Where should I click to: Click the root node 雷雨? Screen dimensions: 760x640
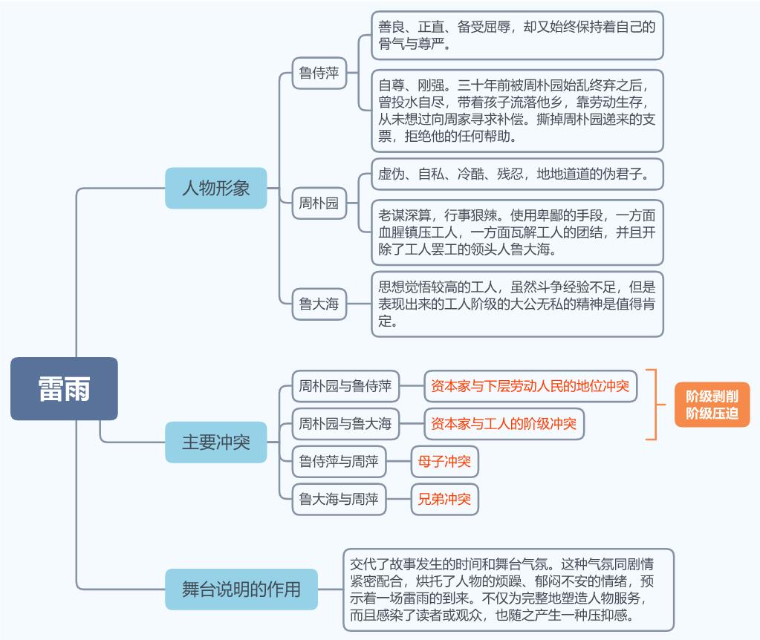pyautogui.click(x=64, y=388)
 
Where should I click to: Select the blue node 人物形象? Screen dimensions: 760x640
pyautogui.click(x=215, y=188)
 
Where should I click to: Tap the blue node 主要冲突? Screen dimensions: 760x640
pyautogui.click(x=215, y=442)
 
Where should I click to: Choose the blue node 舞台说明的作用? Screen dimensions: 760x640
pyautogui.click(x=241, y=589)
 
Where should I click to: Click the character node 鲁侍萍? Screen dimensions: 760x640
pyautogui.click(x=319, y=74)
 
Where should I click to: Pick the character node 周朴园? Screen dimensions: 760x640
pyautogui.click(x=319, y=203)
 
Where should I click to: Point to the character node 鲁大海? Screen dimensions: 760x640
pyautogui.click(x=319, y=304)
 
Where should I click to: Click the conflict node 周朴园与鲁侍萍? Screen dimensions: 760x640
pyautogui.click(x=345, y=386)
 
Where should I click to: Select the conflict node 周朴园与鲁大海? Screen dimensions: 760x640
pyautogui.click(x=345, y=424)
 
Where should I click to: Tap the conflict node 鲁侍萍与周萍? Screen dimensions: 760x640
pyautogui.click(x=339, y=461)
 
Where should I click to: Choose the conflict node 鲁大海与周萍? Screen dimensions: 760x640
pyautogui.click(x=339, y=499)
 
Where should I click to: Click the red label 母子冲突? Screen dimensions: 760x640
pyautogui.click(x=444, y=461)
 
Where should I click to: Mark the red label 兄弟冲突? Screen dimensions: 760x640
pyautogui.click(x=444, y=499)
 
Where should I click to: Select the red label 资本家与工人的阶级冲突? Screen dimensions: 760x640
pyautogui.click(x=504, y=424)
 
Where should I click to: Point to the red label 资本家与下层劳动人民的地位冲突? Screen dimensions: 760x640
pyautogui.click(x=530, y=386)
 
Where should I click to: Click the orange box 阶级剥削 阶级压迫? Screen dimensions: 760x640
pyautogui.click(x=712, y=405)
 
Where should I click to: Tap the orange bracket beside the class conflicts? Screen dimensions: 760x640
pyautogui.click(x=656, y=405)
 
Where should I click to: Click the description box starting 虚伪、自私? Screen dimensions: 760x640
pyautogui.click(x=517, y=174)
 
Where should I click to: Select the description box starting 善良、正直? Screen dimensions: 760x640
pyautogui.click(x=517, y=36)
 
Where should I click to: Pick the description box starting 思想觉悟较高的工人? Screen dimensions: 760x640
pyautogui.click(x=517, y=304)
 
